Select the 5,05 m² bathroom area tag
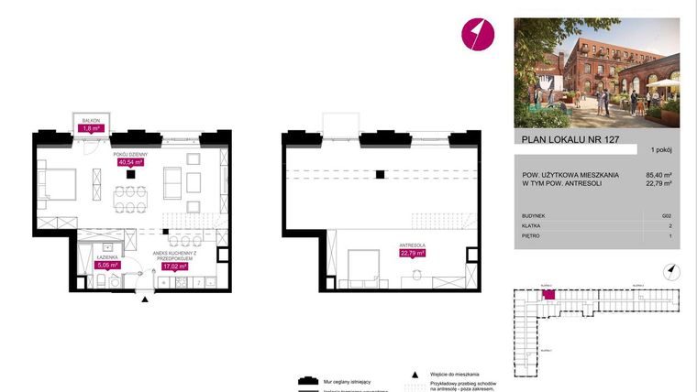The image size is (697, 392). (x=109, y=267)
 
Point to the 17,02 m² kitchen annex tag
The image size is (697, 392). (x=175, y=267)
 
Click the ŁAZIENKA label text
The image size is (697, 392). (x=109, y=259)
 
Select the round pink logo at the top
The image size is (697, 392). (x=478, y=34)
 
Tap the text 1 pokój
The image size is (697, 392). (x=663, y=149)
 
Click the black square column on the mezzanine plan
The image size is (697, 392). (x=378, y=174)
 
